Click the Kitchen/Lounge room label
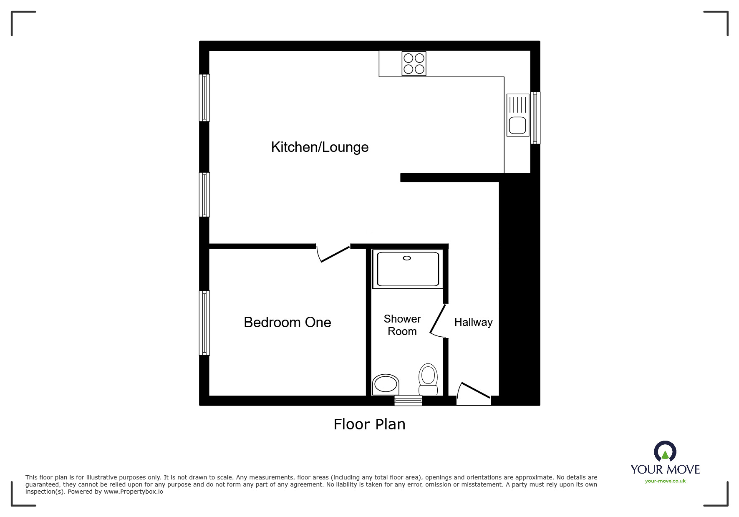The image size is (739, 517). coord(320,147)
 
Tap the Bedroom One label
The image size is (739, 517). coord(287,323)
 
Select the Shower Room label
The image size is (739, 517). coord(402,325)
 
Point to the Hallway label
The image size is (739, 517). coord(473,322)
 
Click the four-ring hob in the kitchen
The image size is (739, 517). coord(414,63)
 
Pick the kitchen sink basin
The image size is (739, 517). coord(517,125)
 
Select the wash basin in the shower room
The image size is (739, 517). coord(385,384)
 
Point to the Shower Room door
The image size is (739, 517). coord(438,320)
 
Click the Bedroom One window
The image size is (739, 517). coord(204,323)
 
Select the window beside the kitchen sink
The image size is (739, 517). coord(535,118)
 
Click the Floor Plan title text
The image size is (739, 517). coord(369,424)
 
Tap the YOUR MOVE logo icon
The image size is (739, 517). coord(665,452)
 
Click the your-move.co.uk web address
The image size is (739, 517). coord(665,481)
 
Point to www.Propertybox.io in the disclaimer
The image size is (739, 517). coord(134,492)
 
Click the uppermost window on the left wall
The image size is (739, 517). coord(204,98)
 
